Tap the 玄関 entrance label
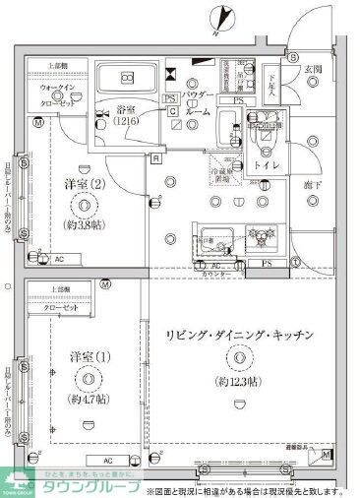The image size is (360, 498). point(313,68)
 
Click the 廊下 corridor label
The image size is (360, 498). point(313,184)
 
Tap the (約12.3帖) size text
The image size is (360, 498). point(241,381)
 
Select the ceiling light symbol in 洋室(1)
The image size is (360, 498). point(87,378)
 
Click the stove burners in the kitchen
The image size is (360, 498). point(261,236)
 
